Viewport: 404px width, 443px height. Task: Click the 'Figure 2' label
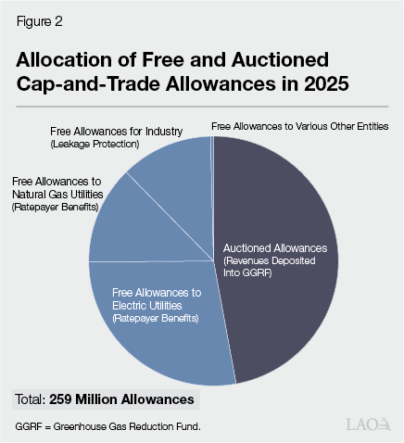pyautogui.click(x=37, y=20)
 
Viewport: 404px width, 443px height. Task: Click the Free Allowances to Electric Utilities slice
pyautogui.click(x=158, y=334)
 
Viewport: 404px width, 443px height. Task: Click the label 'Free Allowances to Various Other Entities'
pyautogui.click(x=299, y=125)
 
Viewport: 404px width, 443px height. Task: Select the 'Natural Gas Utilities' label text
pyautogui.click(x=57, y=194)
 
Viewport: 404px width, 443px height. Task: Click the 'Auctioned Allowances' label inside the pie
pyautogui.click(x=275, y=248)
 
